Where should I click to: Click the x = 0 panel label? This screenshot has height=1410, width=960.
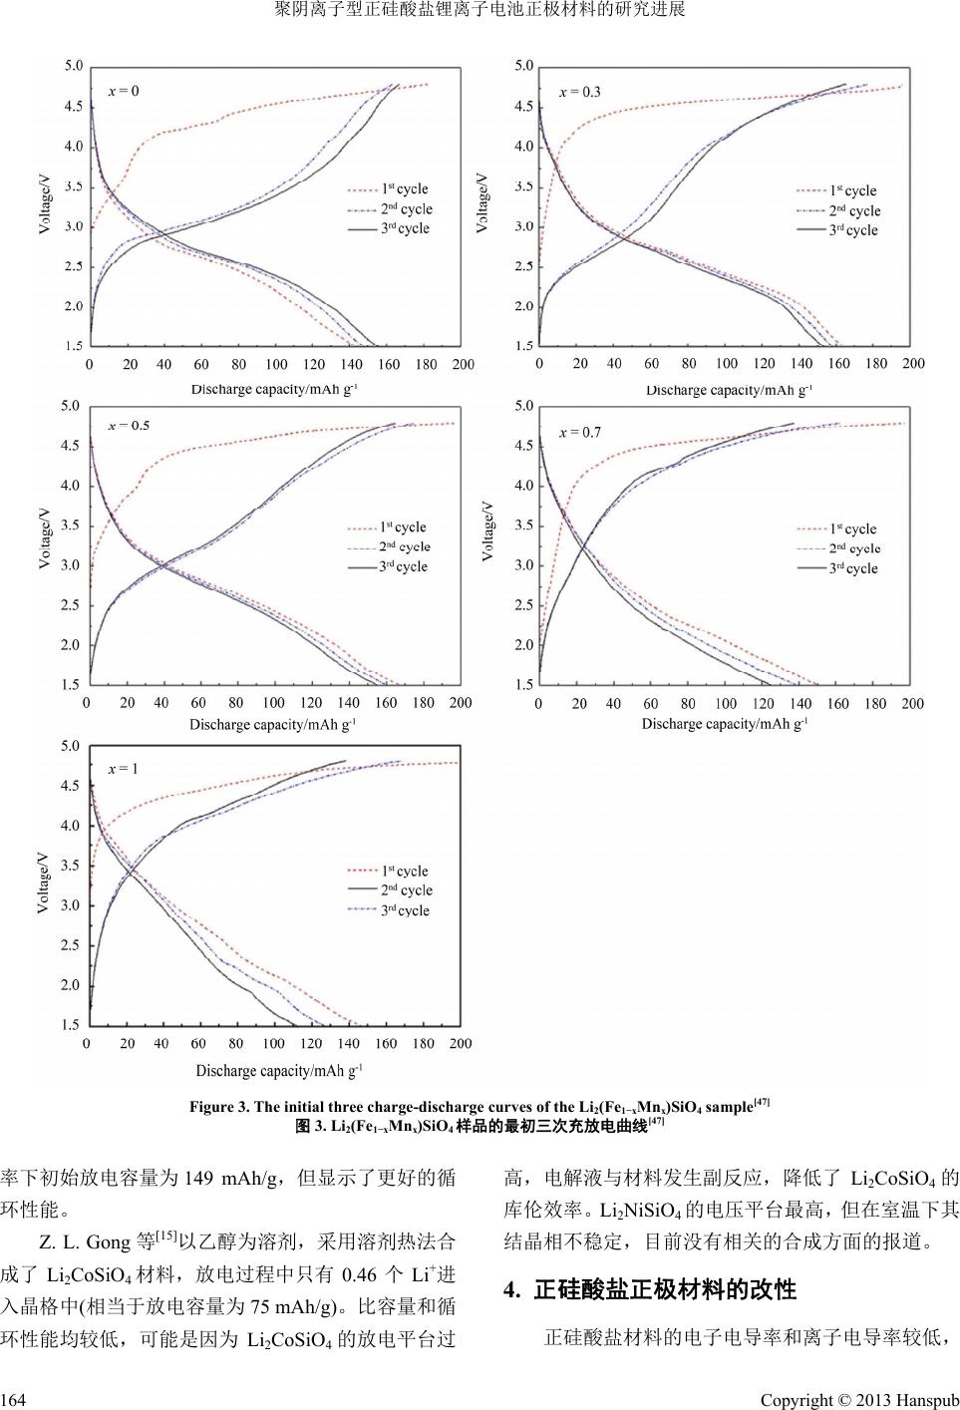pyautogui.click(x=124, y=91)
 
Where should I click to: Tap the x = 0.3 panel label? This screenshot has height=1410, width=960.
pyautogui.click(x=579, y=92)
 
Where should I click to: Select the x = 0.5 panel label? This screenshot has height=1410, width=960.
pyautogui.click(x=129, y=426)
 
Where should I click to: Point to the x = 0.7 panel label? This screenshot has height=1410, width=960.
pyautogui.click(x=579, y=432)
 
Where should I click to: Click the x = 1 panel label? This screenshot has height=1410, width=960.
pyautogui.click(x=123, y=769)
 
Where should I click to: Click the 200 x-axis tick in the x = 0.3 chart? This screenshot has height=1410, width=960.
pyautogui.click(x=913, y=364)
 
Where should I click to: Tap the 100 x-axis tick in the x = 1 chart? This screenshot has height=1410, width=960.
pyautogui.click(x=273, y=1044)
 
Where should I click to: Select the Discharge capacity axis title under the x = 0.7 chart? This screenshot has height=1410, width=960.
pyautogui.click(x=724, y=724)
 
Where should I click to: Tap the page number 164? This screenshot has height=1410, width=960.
pyautogui.click(x=12, y=1400)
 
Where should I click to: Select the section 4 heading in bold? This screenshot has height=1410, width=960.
pyautogui.click(x=650, y=1289)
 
